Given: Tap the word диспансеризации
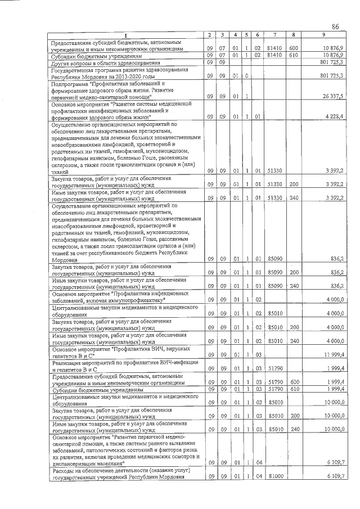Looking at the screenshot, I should (74, 463).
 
